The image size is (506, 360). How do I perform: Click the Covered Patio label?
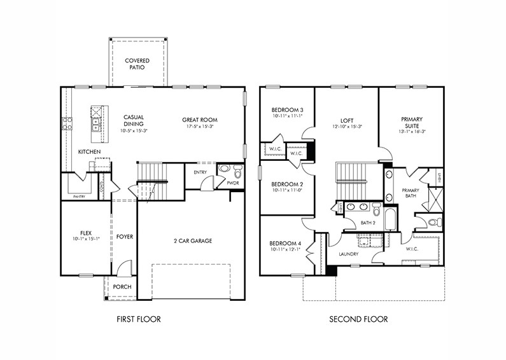[x=137, y=64]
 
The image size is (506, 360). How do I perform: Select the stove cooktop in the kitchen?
[x=67, y=123]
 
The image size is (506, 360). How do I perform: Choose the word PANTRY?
[x=79, y=197]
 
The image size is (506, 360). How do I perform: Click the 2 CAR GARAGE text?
[x=192, y=240]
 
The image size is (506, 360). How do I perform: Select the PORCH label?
[x=122, y=287]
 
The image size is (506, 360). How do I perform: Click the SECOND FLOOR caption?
[x=358, y=319]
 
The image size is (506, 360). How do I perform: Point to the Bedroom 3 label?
[x=287, y=110]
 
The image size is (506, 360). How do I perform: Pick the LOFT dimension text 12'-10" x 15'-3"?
[x=347, y=126]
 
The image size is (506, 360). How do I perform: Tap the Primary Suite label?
[x=412, y=123]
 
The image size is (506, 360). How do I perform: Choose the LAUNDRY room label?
[x=348, y=254]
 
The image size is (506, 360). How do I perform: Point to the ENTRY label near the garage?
[x=200, y=172]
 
